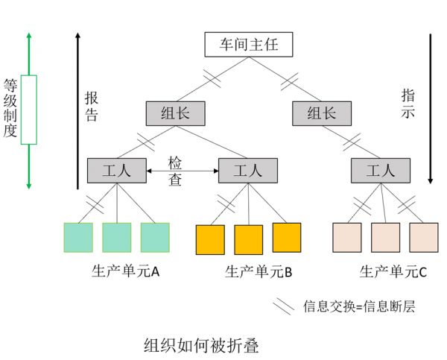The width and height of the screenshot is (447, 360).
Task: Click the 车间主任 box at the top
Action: click(x=247, y=44)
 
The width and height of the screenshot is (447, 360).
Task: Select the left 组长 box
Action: click(x=176, y=113)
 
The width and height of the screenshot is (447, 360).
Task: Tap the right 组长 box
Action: click(x=322, y=113)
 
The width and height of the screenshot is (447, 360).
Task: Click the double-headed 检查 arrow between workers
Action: click(x=182, y=172)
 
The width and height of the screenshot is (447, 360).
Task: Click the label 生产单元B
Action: click(x=258, y=272)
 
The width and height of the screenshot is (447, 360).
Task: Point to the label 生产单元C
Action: click(x=393, y=272)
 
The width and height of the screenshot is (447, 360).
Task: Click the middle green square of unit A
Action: click(x=116, y=238)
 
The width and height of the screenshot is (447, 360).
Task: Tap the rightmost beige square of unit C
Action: click(x=422, y=238)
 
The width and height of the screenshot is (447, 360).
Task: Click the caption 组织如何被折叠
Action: click(x=200, y=347)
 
